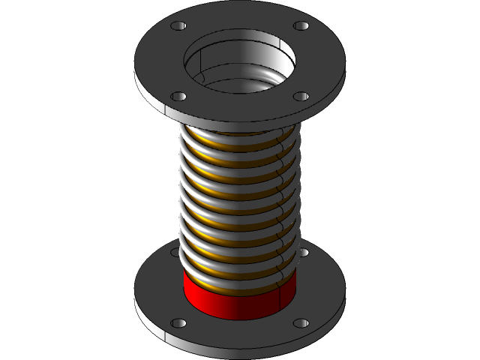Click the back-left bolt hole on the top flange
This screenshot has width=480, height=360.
tap(178, 26)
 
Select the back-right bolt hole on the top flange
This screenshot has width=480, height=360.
tap(301, 26)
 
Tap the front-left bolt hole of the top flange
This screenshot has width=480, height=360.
tap(178, 97)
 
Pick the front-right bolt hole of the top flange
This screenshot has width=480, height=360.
tap(301, 97)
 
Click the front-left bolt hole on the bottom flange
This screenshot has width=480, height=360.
tap(178, 323)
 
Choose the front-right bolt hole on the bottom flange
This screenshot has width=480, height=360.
tap(301, 323)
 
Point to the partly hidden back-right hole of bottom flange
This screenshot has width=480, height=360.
tap(303, 253)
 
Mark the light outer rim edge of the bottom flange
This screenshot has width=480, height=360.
tap(240, 344)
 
